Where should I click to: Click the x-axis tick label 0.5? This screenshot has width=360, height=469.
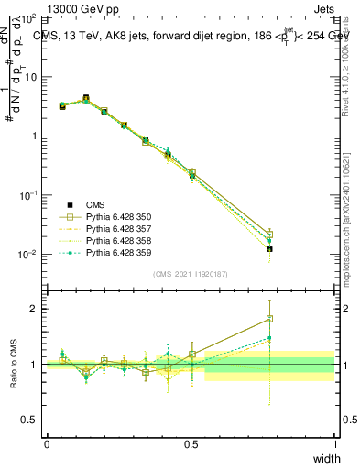pos(191,443)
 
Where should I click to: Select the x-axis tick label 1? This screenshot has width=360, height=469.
pos(334,443)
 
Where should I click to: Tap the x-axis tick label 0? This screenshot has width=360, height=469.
pos(47,443)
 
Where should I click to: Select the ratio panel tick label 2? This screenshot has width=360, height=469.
pos(35,309)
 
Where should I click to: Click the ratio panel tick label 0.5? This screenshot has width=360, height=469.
pos(30,420)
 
